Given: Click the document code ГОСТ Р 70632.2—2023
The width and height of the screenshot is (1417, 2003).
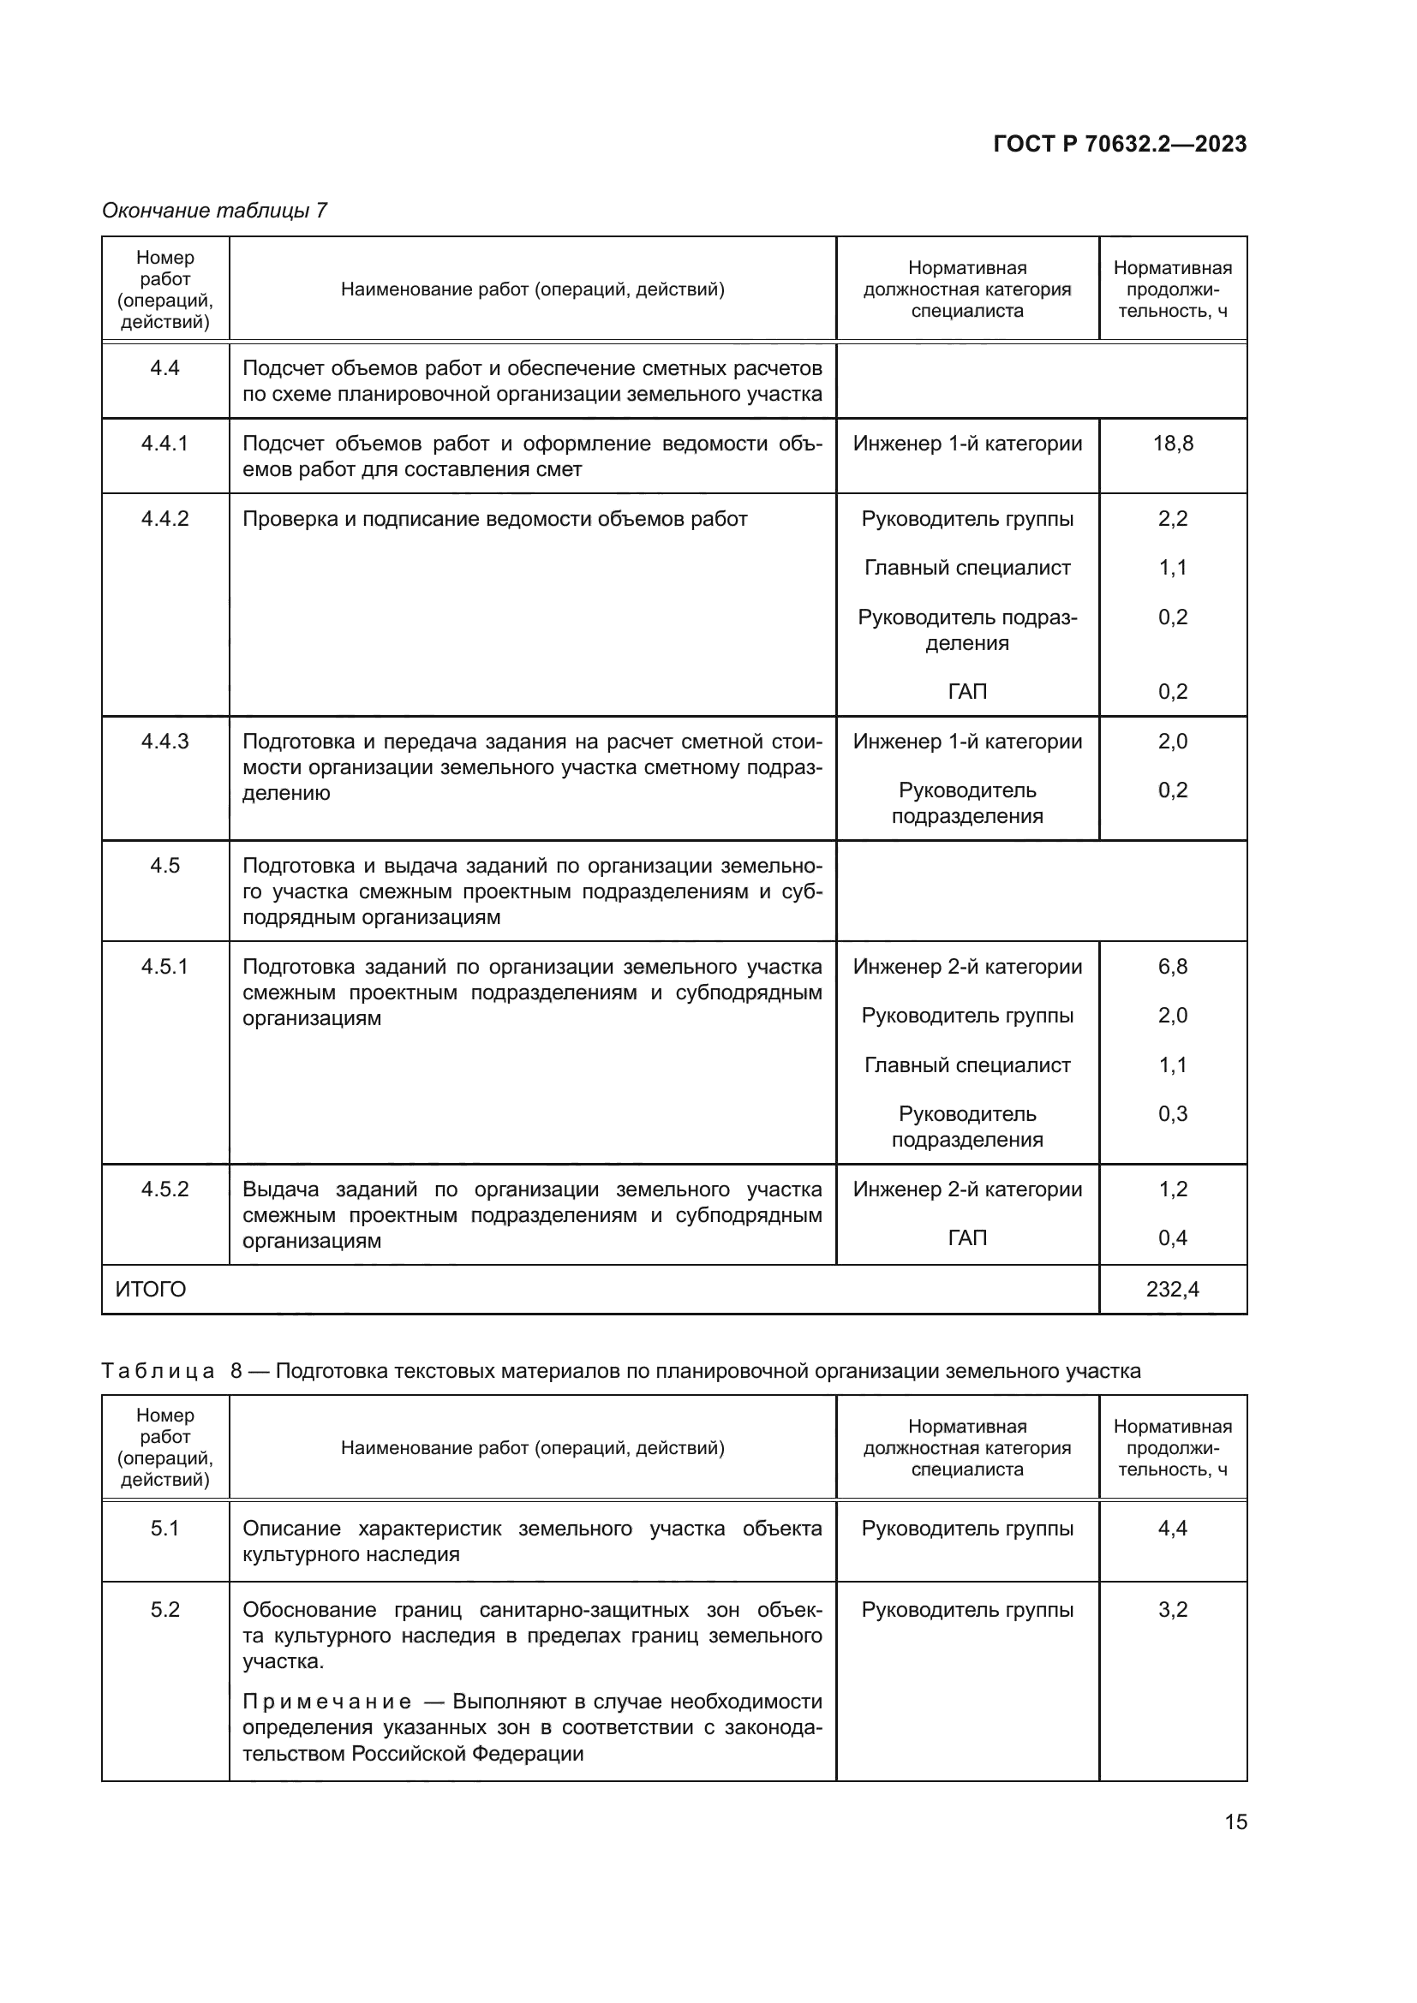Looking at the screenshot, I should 1120,144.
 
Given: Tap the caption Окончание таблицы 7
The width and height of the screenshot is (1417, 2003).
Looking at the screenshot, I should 215,211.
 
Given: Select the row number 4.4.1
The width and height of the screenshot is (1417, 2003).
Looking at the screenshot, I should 164,444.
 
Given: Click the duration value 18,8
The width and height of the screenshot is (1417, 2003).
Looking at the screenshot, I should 1173,444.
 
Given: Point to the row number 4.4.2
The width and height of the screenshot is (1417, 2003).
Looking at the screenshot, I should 164,519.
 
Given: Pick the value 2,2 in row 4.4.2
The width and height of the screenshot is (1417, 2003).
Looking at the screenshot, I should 1173,519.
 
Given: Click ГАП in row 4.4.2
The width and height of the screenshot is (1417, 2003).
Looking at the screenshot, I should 966,692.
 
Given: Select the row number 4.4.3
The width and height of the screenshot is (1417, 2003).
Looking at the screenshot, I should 164,742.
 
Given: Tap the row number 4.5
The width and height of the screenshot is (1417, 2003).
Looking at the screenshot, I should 164,866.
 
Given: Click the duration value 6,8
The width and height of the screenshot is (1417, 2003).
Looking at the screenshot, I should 1173,967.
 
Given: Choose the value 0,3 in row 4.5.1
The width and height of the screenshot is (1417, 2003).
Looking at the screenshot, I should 1173,1114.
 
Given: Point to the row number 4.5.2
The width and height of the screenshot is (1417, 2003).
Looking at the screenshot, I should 164,1190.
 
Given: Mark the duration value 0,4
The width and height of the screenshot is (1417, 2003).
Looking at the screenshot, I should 1173,1238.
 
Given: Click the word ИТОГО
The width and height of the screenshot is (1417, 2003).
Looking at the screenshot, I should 151,1290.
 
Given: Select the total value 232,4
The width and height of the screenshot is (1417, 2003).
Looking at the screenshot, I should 1173,1290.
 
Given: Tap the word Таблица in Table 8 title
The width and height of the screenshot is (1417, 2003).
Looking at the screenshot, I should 158,1371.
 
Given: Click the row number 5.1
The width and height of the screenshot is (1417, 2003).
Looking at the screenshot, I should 164,1529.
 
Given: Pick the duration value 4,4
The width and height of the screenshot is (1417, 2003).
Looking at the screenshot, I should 1173,1529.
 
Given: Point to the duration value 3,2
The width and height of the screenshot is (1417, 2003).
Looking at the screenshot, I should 1173,1610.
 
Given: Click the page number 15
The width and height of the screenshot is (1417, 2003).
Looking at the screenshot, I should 1235,1822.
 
